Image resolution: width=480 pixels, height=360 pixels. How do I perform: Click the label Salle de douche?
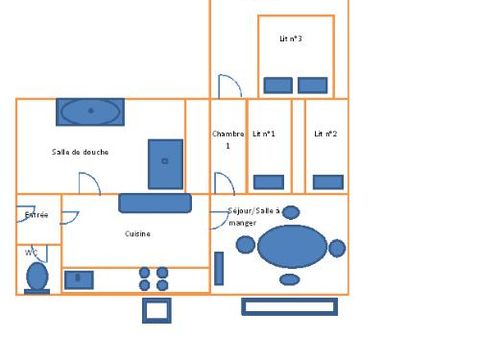tap(80, 152)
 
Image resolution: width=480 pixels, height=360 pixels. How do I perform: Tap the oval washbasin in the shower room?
tap(90, 111)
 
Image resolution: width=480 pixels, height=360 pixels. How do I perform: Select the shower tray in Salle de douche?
tap(165, 164)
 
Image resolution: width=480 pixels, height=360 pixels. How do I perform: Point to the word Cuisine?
tap(137, 234)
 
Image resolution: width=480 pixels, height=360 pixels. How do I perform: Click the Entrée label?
tap(36, 214)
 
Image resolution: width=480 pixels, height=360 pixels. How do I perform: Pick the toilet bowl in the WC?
tap(37, 276)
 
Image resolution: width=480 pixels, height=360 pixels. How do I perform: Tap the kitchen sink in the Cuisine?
tap(79, 279)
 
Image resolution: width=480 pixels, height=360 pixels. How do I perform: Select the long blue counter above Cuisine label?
tap(155, 203)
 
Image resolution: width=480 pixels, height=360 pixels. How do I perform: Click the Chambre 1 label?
tap(227, 139)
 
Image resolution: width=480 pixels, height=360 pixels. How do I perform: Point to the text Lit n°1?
tap(264, 133)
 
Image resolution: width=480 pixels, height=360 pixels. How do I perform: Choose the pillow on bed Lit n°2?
tap(328, 181)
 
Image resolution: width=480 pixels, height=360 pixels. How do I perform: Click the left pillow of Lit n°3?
tap(277, 85)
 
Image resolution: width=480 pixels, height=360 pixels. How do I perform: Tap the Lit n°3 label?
tap(291, 39)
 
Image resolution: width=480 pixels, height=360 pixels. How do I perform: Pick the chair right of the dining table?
tap(337, 247)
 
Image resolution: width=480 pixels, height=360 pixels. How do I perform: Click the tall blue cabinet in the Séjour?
tap(219, 268)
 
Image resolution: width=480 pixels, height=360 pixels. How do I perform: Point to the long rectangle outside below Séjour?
tap(290, 307)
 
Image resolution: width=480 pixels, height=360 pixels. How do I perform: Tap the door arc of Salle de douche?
tap(88, 183)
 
